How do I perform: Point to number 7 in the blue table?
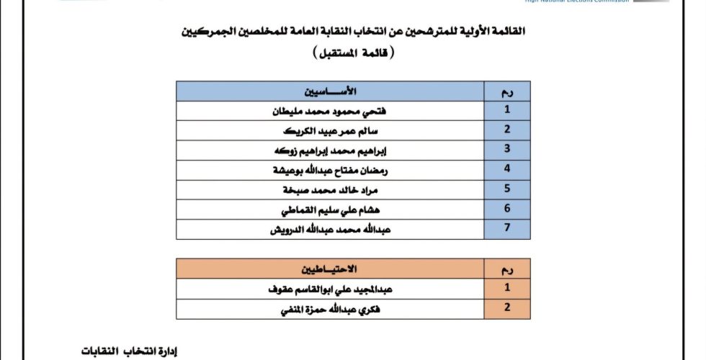(507, 230)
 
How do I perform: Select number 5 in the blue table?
(507, 189)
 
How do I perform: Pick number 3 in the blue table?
(507, 149)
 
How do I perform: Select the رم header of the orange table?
(507, 269)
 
